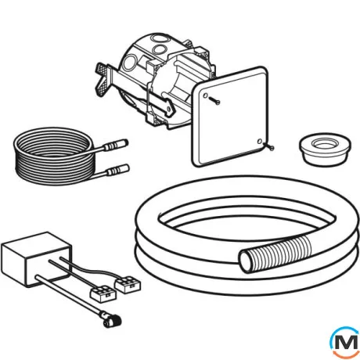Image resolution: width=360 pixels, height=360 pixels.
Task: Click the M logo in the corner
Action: coord(344,342)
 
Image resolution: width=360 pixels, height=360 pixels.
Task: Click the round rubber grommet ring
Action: coord(325,150)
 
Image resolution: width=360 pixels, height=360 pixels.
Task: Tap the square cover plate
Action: coord(231,117)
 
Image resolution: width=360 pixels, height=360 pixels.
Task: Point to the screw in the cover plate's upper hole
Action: coord(214,100)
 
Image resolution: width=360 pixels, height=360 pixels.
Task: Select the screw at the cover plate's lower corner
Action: coord(268,146)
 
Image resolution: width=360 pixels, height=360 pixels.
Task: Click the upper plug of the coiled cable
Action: coord(116,146)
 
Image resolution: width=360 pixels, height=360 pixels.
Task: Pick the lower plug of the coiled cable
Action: coord(118,170)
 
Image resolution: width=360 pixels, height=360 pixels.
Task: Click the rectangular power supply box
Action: coord(36,259)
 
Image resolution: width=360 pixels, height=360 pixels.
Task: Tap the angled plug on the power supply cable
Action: coord(112,321)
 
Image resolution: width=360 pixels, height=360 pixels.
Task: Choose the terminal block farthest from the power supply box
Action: coord(128,284)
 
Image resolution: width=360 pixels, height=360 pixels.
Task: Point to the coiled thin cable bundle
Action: coord(53,156)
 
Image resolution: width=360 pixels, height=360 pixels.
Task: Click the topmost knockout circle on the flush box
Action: coord(160,38)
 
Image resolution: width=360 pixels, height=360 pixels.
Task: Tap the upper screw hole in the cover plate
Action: coord(206,95)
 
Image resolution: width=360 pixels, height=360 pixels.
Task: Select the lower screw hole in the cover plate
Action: coord(260,142)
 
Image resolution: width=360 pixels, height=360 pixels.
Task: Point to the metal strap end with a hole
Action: coord(169,110)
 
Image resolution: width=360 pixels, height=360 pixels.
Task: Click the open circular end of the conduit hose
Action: coord(246,261)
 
